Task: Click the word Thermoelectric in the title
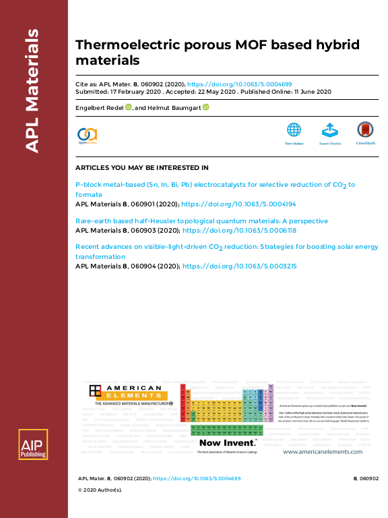click(x=120, y=45)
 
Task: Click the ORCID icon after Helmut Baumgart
click(x=206, y=107)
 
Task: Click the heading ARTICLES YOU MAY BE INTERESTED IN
click(x=141, y=167)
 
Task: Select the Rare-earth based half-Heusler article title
click(x=201, y=221)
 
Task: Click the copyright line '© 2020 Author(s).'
click(x=100, y=490)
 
